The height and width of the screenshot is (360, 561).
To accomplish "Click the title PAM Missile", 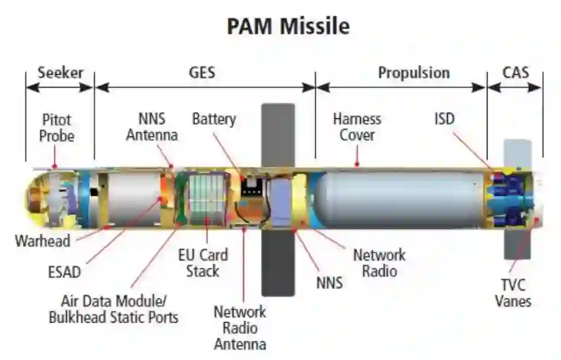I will [287, 27].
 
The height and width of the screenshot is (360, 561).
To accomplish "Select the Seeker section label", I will [60, 74].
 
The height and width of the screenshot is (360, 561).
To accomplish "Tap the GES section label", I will [202, 74].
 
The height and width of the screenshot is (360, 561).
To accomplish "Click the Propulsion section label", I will [413, 74].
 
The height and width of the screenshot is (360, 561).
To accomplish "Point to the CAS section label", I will [515, 74].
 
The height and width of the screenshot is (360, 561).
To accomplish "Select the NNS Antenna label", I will [151, 127].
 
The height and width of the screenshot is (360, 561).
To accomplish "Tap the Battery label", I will [214, 119].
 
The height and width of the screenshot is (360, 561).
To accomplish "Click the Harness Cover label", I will [357, 127].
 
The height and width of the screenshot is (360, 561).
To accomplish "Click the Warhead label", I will [43, 241].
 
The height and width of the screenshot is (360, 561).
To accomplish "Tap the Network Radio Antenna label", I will [240, 328].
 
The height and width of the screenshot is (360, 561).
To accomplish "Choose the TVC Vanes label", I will [513, 293].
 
